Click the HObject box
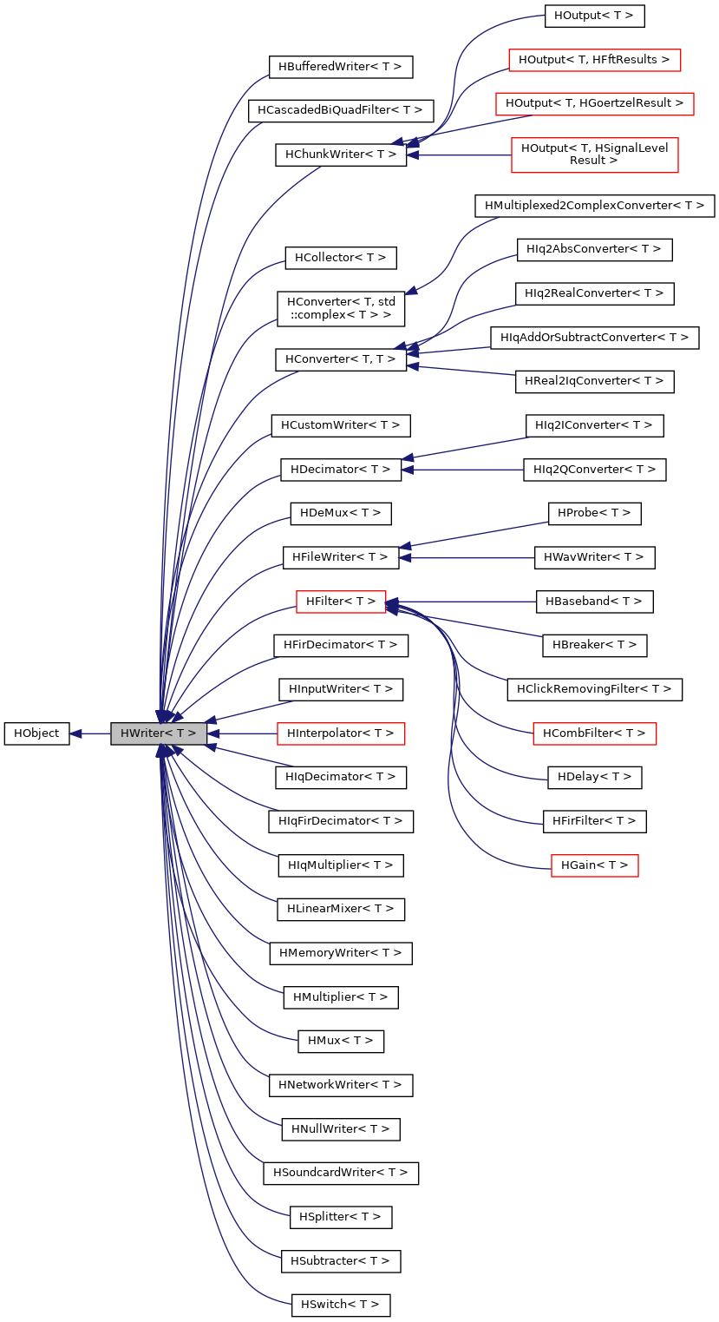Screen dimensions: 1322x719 click(36, 733)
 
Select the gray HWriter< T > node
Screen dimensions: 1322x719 click(158, 733)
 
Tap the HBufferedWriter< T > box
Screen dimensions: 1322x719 click(340, 67)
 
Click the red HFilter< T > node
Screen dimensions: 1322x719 click(340, 601)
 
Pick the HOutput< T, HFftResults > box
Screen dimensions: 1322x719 click(594, 60)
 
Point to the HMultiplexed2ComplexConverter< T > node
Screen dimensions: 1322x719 click(594, 206)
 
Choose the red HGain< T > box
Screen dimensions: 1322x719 click(594, 865)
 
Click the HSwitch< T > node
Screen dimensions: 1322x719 click(340, 1305)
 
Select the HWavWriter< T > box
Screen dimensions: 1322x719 click(594, 557)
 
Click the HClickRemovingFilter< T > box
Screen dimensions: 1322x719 click(594, 689)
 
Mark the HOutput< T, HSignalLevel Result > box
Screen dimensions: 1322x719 click(594, 155)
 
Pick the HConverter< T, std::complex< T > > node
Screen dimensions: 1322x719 click(340, 308)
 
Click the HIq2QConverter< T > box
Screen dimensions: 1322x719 click(594, 470)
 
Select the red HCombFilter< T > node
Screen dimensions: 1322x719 click(594, 733)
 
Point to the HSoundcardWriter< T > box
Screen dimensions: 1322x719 click(340, 1173)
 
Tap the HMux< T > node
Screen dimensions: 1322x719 click(340, 1041)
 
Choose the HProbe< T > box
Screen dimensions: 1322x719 click(594, 513)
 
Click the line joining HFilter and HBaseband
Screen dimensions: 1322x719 click(468, 601)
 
